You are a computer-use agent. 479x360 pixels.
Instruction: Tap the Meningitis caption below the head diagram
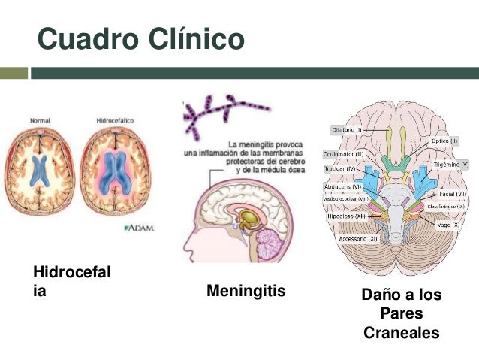coord(246,290)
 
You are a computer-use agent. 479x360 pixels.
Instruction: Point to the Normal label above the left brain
coord(41,119)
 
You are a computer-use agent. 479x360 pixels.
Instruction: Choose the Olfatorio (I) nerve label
coord(347,129)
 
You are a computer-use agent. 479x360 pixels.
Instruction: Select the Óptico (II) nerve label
coord(444,141)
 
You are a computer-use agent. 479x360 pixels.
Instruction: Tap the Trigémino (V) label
coord(450,163)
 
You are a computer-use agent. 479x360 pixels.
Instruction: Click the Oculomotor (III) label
coord(343,153)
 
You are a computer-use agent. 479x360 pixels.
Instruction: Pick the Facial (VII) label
coord(453,193)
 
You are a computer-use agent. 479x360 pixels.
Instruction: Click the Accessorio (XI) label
coord(357,238)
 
